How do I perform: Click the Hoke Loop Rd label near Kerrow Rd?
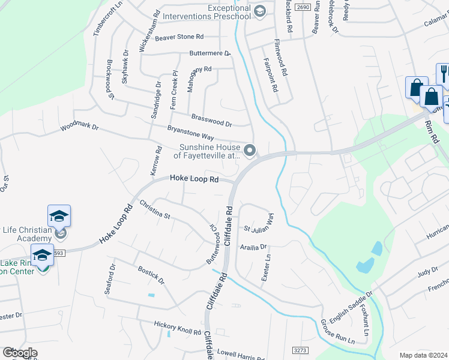194,178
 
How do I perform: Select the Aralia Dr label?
253,246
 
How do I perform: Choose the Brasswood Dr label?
211,119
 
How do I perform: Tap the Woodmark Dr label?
79,128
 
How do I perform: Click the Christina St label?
155,210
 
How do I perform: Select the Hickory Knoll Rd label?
177,328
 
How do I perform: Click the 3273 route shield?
301,349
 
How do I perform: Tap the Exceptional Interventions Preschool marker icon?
259,11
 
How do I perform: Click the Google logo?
20,353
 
